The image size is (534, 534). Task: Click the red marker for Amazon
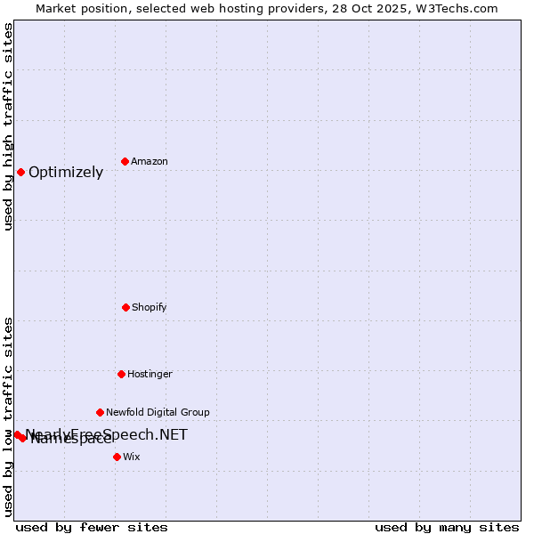coord(125,161)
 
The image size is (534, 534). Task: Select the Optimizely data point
coord(20,172)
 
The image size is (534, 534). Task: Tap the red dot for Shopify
coord(125,307)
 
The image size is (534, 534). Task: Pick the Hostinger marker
coord(121,374)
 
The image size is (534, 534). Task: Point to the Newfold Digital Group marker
coord(100,412)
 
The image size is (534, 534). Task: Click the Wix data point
coord(117,457)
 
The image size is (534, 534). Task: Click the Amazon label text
coord(150,161)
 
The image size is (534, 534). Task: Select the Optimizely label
coord(66,173)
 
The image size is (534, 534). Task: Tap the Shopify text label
coord(150,307)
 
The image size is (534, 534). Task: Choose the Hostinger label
coord(150,374)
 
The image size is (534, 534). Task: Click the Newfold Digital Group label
coord(158,412)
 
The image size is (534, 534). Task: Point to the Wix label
coord(132,457)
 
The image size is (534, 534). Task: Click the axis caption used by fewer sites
coord(92,527)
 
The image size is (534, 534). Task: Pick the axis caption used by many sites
coord(447,527)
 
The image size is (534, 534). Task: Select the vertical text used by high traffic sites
coord(8,126)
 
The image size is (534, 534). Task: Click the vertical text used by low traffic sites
coord(8,416)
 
